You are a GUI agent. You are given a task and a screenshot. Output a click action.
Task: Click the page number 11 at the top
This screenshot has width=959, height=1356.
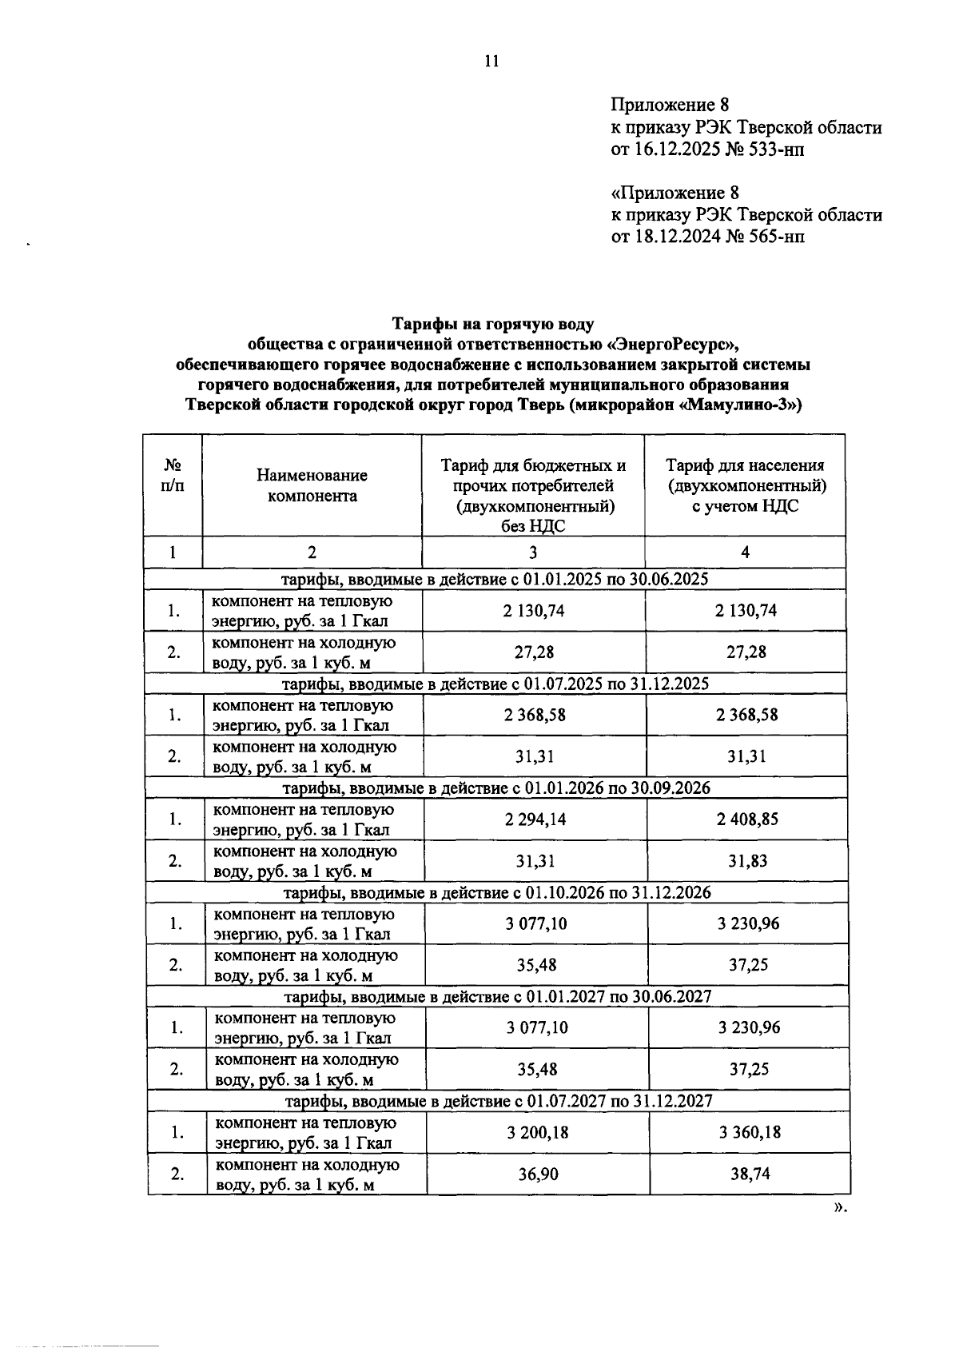coord(491,61)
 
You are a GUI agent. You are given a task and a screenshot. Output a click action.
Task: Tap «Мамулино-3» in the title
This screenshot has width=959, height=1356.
coord(739,405)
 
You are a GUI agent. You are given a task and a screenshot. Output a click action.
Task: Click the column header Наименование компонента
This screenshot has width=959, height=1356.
coord(312,485)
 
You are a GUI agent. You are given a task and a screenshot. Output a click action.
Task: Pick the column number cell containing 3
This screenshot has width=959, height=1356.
coord(533,552)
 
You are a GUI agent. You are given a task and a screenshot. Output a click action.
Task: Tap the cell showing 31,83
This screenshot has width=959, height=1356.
coord(746,861)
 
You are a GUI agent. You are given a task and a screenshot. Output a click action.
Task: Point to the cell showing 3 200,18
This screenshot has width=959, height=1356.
coord(537,1133)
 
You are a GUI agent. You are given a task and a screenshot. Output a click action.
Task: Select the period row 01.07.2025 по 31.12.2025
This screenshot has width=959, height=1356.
coord(495,684)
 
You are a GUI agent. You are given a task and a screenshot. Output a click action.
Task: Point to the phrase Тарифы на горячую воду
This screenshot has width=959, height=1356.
coord(492,324)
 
